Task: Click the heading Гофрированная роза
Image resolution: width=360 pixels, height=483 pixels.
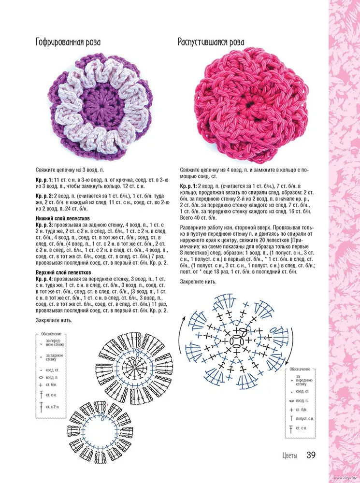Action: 68,42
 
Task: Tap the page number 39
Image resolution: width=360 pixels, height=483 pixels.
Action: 312,455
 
